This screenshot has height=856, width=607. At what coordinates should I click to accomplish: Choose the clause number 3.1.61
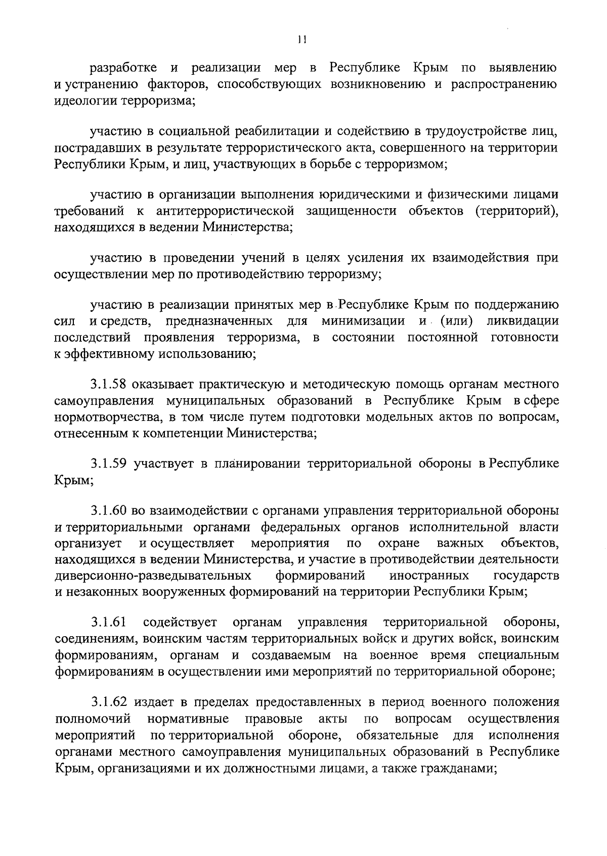[x=108, y=622]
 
